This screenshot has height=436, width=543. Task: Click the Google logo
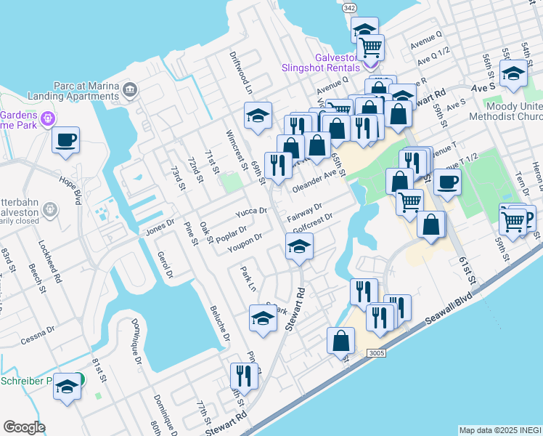(x=25, y=427)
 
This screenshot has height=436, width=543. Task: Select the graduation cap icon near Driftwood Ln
(x=258, y=115)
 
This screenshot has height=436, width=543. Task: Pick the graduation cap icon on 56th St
(x=514, y=74)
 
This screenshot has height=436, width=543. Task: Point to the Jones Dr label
(x=160, y=227)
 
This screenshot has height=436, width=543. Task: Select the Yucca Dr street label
(x=251, y=212)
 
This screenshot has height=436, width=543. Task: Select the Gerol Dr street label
(x=165, y=265)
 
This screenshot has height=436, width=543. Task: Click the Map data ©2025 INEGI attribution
(x=500, y=430)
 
